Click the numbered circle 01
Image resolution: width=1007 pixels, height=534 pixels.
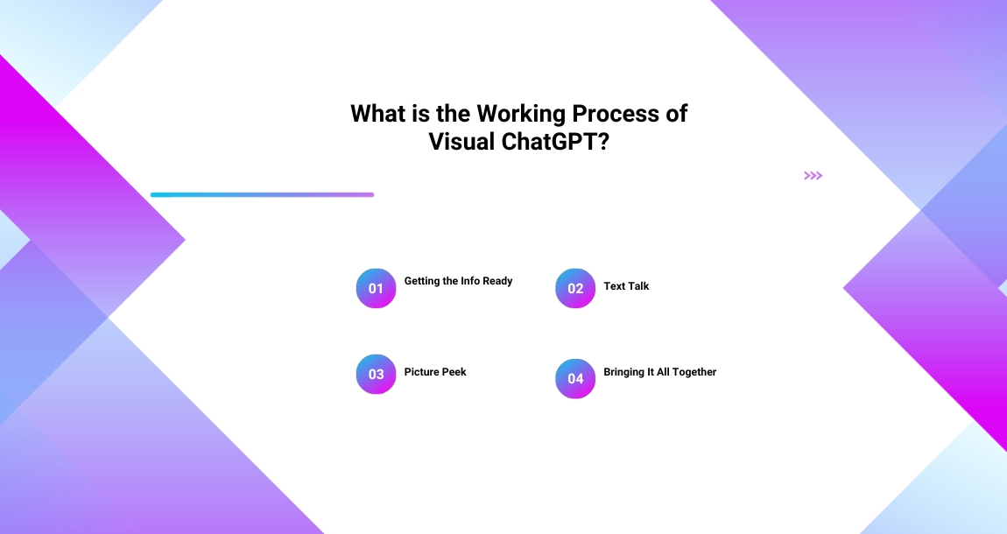coord(376,288)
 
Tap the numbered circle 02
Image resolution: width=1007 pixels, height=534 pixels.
coord(575,288)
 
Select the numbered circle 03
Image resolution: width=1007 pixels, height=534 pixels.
coord(376,374)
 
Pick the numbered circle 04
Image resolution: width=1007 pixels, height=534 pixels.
coord(575,378)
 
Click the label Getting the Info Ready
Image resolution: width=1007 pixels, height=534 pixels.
coord(458,281)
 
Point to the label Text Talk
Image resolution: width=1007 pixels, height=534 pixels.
coord(626,286)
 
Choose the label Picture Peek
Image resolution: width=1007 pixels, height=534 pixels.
coord(434,372)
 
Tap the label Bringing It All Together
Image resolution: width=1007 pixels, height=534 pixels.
coord(659,372)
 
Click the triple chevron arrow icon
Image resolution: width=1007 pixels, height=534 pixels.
coord(813,176)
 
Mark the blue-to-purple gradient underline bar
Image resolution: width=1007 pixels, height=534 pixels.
coord(262,194)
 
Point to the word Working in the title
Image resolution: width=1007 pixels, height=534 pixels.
coord(524,114)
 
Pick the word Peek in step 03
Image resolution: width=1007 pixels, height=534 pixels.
coord(454,372)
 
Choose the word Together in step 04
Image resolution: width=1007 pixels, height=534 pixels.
coord(694,372)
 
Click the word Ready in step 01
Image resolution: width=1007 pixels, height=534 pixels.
coord(497,281)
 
